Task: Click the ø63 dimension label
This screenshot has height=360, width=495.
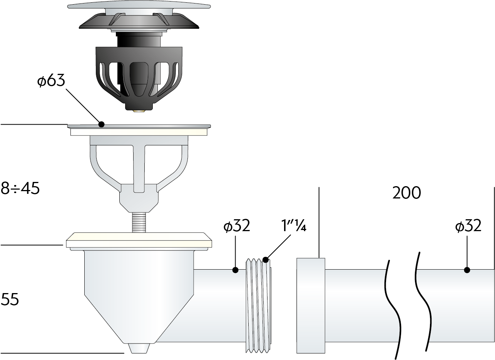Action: (51, 80)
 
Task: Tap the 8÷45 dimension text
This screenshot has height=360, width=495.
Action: (20, 188)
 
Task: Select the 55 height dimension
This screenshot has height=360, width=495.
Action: (10, 299)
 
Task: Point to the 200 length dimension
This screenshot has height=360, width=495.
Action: (406, 193)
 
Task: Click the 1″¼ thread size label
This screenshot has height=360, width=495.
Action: (294, 225)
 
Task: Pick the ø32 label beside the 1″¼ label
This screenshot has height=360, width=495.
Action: (237, 226)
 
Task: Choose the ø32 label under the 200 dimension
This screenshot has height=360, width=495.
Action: (468, 226)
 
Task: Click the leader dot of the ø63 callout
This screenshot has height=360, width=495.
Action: (101, 124)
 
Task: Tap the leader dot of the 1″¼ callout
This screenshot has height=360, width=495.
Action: (266, 260)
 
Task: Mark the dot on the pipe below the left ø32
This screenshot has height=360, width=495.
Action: (235, 270)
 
